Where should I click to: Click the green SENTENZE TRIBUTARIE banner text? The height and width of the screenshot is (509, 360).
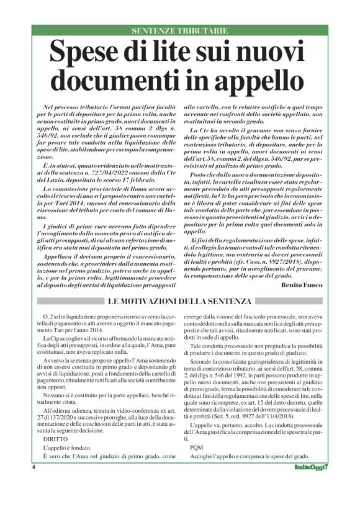(x=180, y=30)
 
